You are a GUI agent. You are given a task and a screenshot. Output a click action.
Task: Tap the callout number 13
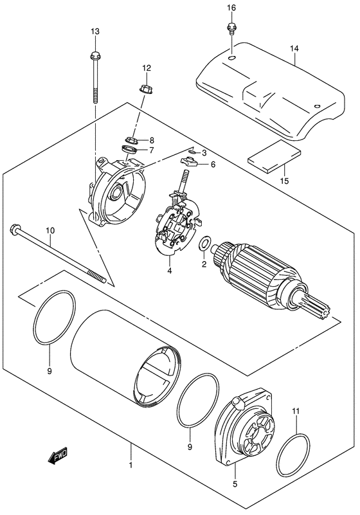[x=95, y=32]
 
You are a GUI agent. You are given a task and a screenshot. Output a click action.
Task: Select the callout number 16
[x=231, y=8]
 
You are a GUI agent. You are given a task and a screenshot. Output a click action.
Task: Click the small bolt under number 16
[x=230, y=28]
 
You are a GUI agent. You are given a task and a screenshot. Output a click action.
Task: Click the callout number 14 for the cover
[x=294, y=48]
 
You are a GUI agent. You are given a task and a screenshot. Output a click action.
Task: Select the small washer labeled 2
[x=204, y=244]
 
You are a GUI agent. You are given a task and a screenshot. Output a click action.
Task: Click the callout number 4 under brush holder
[x=170, y=271]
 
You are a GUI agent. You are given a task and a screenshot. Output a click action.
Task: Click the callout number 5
[x=235, y=485]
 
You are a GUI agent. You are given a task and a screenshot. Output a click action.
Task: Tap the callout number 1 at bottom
[x=130, y=464]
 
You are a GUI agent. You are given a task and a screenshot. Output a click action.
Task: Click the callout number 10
[x=50, y=230]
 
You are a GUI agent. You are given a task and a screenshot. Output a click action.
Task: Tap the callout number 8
[x=152, y=140]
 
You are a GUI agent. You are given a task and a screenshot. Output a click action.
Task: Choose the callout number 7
[x=152, y=150]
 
